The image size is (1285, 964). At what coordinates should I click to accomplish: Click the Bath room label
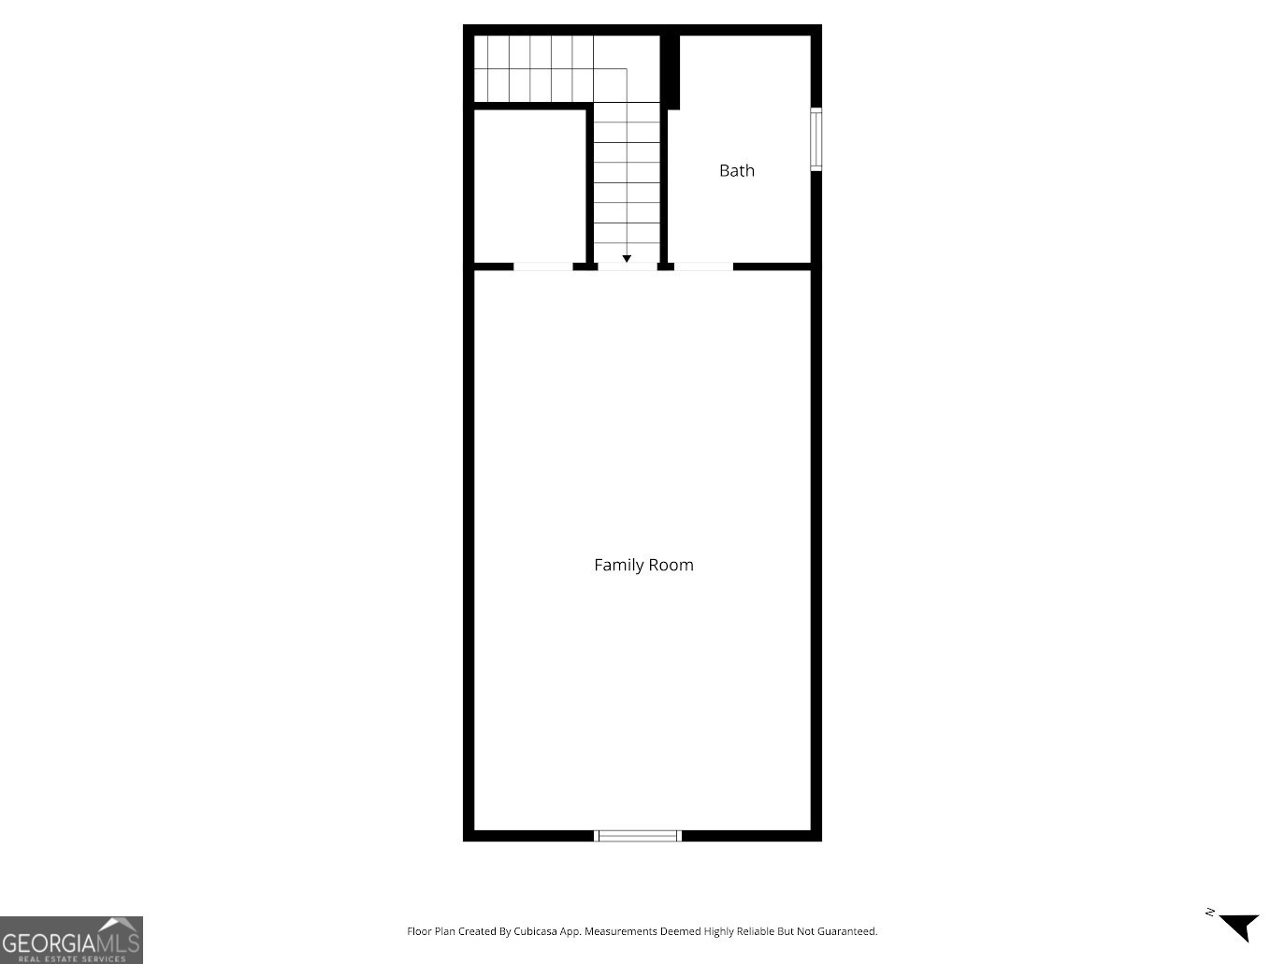736,170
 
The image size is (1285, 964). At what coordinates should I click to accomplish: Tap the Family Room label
643,565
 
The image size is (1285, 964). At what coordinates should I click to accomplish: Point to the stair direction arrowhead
627,258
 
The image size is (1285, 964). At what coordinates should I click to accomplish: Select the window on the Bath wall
816,139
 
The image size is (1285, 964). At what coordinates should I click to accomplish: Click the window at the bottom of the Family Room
639,835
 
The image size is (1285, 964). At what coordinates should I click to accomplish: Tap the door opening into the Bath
703,266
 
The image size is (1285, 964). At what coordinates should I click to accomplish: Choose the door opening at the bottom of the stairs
627,266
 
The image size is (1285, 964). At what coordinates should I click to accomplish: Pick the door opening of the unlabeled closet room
542,266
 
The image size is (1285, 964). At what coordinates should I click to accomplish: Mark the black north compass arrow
1241,926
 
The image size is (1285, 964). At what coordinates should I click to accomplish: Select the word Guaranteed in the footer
847,931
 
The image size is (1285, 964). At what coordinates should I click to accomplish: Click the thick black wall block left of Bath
670,71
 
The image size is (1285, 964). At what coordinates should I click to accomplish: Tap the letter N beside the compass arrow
1209,912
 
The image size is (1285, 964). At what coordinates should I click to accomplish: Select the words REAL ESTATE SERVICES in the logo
71,958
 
